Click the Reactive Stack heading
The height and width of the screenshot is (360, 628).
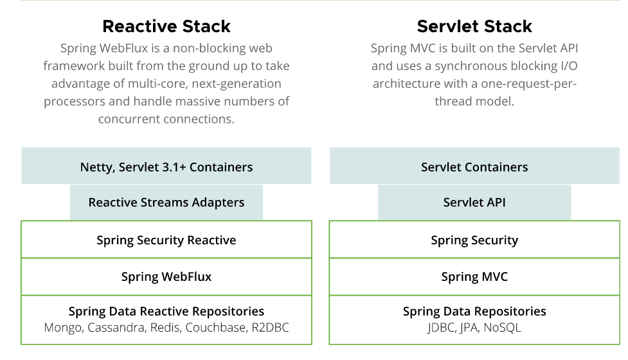(166, 26)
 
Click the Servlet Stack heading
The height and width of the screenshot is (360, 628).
(474, 26)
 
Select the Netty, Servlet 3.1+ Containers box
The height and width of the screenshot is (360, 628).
(166, 167)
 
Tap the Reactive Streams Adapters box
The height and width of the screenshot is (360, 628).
(166, 203)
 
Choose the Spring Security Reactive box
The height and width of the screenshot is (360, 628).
(166, 240)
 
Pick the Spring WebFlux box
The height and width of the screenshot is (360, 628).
(166, 277)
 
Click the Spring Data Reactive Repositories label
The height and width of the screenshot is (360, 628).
(166, 312)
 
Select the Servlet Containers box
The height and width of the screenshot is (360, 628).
(474, 167)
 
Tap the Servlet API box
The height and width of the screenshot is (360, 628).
(474, 203)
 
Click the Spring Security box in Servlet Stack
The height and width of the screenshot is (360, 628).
(474, 240)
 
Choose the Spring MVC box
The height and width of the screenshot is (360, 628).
(474, 277)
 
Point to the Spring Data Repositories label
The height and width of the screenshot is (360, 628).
(474, 312)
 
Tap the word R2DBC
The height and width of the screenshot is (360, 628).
(269, 328)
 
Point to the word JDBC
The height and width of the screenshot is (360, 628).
(442, 328)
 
